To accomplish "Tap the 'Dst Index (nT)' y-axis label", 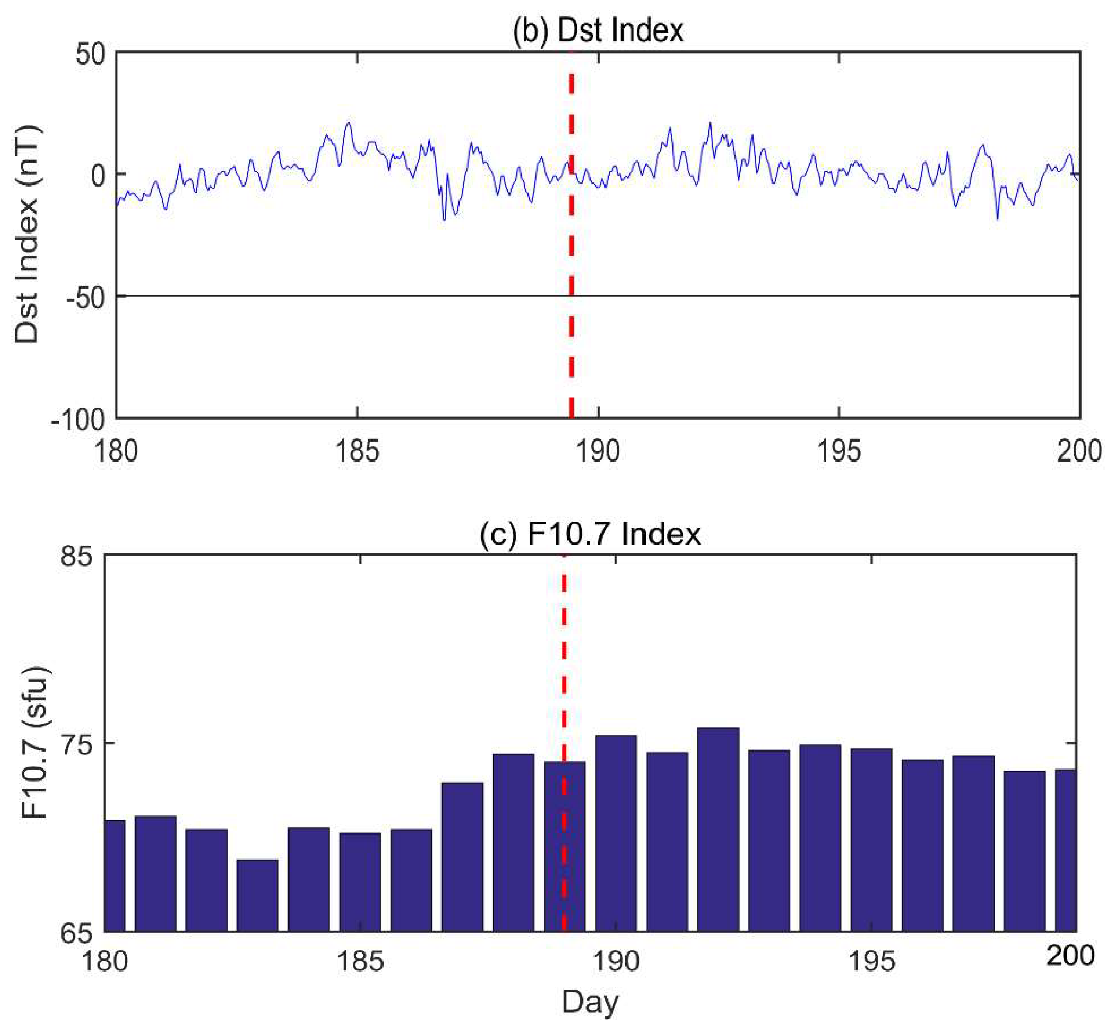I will (27, 234).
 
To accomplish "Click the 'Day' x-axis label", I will (590, 1003).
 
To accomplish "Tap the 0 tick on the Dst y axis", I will (99, 175).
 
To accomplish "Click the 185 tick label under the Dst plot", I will (357, 451).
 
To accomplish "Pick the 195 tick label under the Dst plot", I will (839, 451).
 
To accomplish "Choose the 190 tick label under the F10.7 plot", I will (615, 961).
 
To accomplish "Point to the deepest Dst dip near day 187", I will (444, 219).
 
